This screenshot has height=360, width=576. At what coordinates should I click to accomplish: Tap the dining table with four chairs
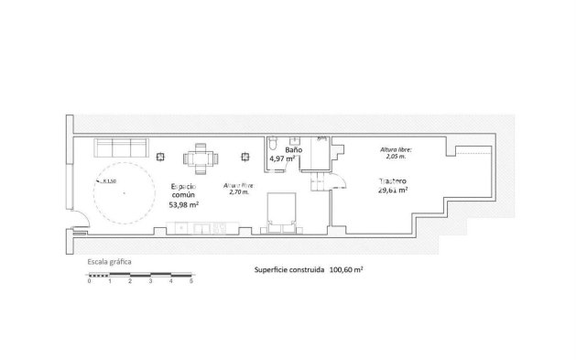click(x=201, y=159)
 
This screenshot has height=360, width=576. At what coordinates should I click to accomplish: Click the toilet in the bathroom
click(x=274, y=146)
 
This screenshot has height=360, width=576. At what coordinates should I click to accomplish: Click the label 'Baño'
click(x=293, y=147)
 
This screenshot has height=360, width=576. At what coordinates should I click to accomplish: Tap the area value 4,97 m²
click(x=282, y=158)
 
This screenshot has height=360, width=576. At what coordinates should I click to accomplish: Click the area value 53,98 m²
click(x=184, y=205)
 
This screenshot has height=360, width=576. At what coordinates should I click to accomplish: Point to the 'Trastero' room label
click(x=392, y=180)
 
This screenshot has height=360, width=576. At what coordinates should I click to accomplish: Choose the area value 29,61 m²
click(x=392, y=191)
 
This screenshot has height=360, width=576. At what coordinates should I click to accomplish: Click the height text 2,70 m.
click(x=238, y=192)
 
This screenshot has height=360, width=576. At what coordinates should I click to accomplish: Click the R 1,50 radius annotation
click(x=109, y=181)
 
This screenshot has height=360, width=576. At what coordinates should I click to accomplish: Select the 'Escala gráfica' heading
click(x=109, y=262)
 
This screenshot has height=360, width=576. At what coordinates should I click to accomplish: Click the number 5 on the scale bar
click(x=191, y=281)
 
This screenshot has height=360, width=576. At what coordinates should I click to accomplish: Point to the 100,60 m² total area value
click(x=347, y=271)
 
